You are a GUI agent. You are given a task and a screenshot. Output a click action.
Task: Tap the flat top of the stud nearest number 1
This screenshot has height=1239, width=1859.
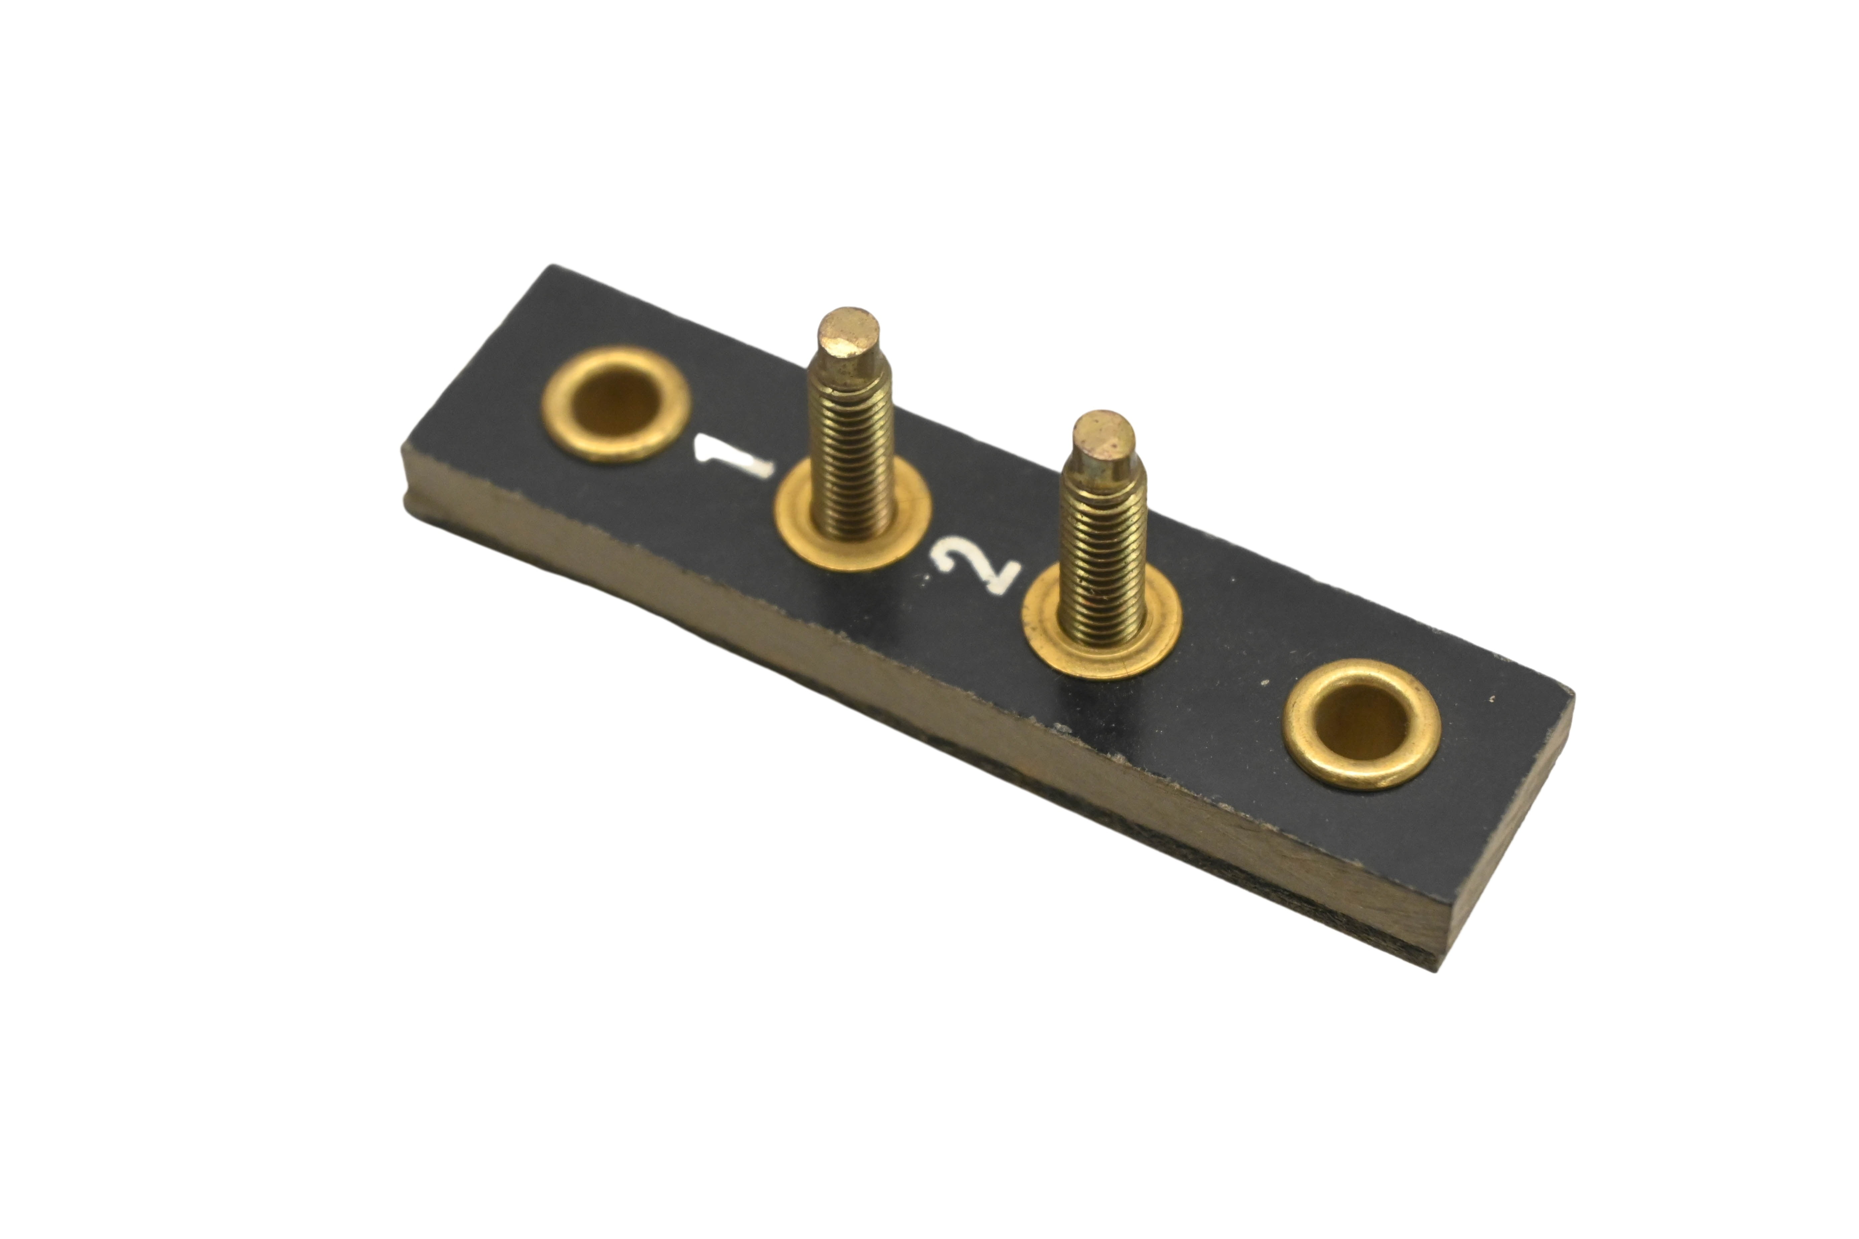tap(848, 332)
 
